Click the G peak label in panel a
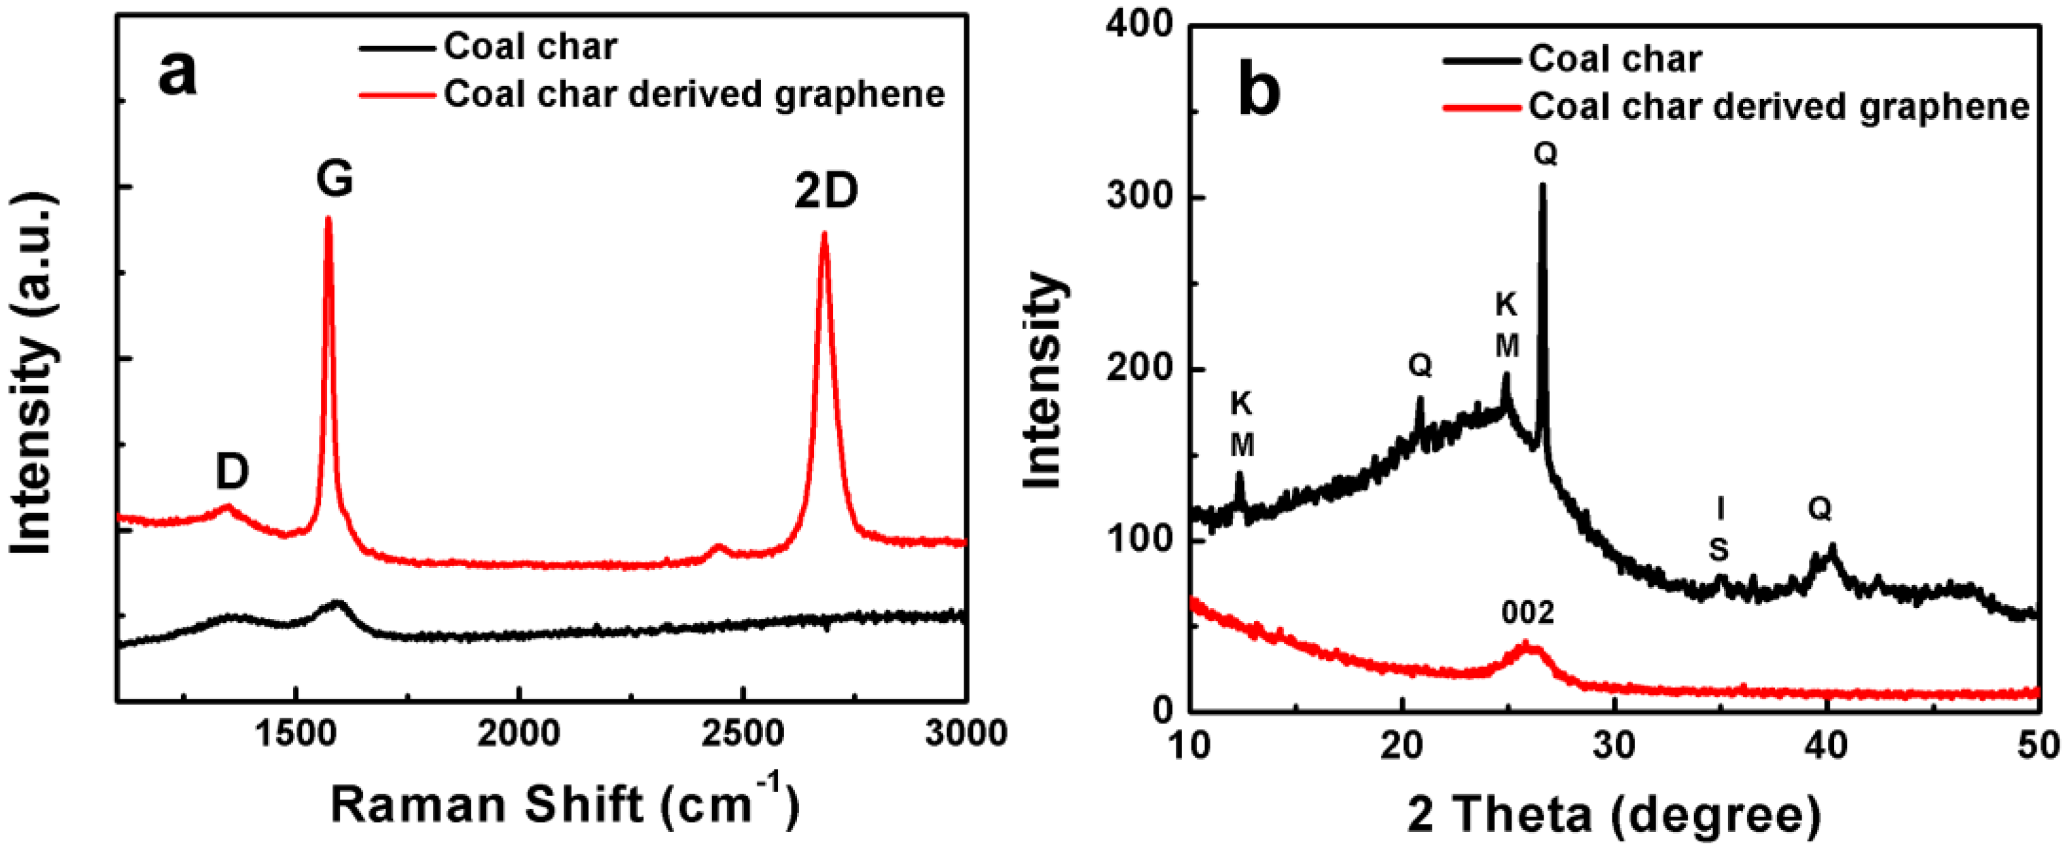pos(334,178)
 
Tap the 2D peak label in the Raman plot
pos(826,192)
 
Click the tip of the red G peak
pos(328,218)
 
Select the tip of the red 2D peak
pos(824,234)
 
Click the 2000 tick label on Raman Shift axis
pos(519,733)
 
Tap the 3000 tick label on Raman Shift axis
pos(965,733)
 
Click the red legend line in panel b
pos(1481,107)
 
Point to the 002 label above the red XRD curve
pos(1528,614)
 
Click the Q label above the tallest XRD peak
pos(1545,153)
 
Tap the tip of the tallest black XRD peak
pos(1542,186)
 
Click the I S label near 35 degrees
pos(1719,530)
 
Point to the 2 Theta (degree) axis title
pos(1614,815)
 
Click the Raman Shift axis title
pos(564,804)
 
